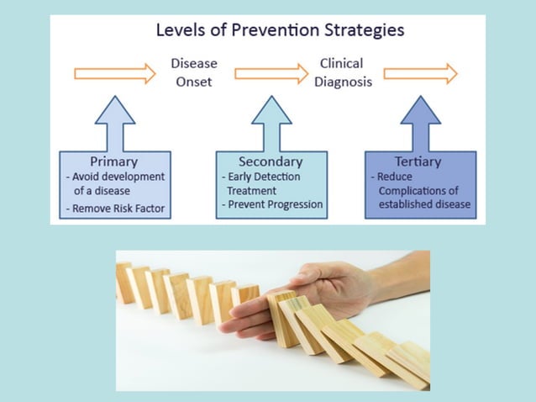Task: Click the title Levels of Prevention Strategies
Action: [280, 30]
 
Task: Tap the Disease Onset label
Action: [193, 72]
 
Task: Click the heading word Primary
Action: [113, 161]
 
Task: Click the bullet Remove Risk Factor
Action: [116, 208]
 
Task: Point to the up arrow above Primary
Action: [115, 122]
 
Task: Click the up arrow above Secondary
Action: [271, 122]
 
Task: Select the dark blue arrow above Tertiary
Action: [420, 122]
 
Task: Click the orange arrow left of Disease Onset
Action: [115, 73]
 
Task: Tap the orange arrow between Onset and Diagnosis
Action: [271, 73]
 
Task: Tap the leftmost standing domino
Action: [124, 283]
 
